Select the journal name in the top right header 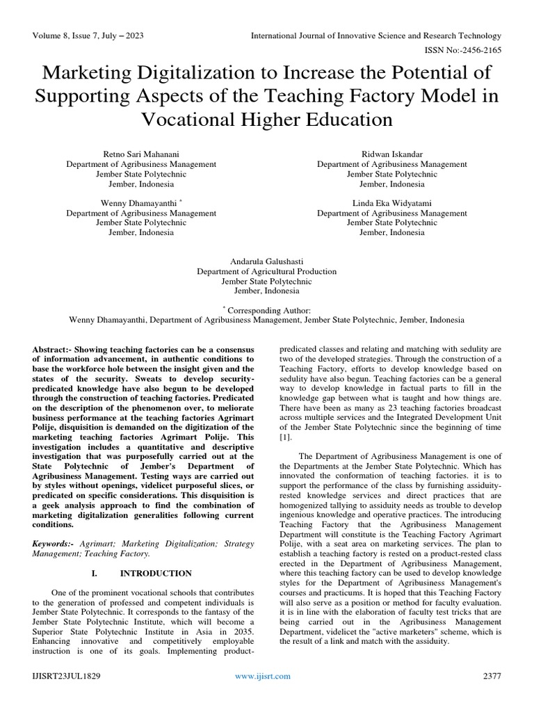[376, 35]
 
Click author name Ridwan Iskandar [392, 154]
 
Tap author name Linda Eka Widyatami [392, 203]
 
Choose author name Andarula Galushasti [266, 261]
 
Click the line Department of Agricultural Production [266, 271]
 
